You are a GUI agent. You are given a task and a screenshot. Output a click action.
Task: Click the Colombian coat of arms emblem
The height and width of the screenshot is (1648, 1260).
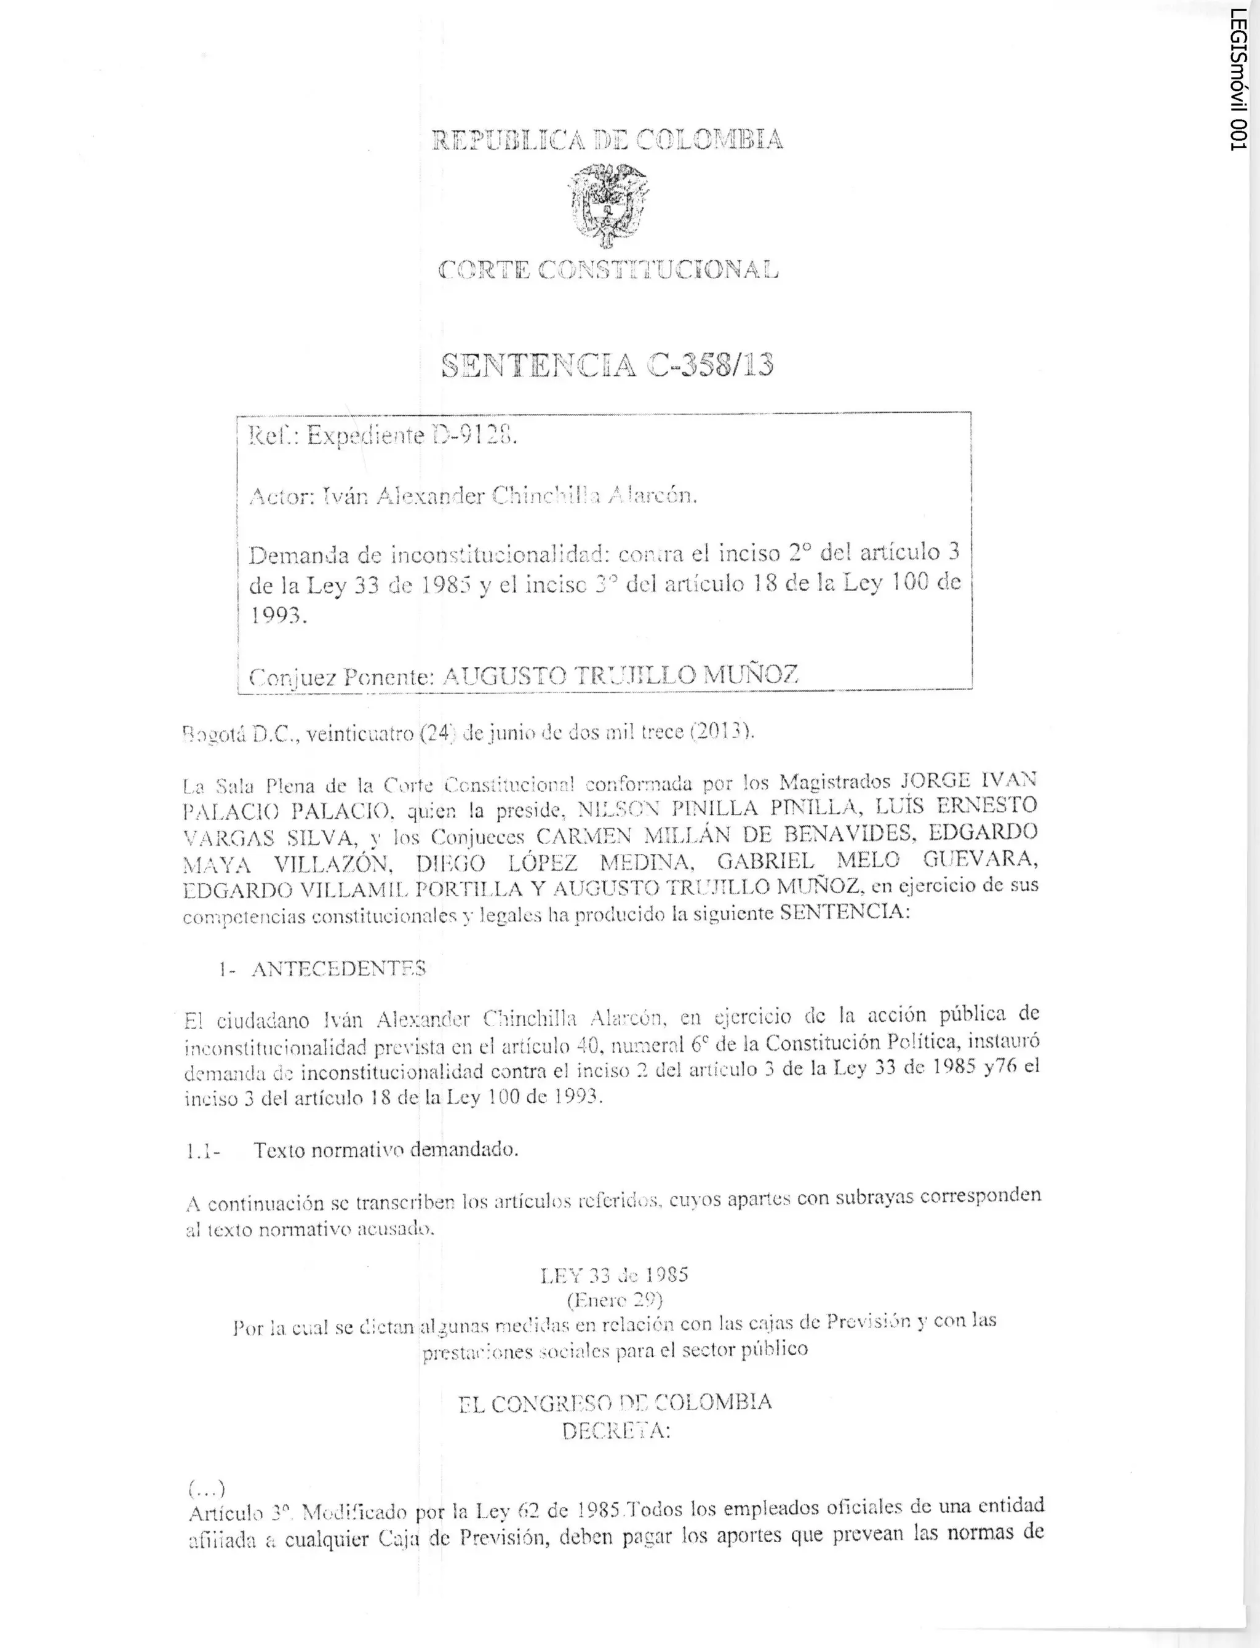point(607,205)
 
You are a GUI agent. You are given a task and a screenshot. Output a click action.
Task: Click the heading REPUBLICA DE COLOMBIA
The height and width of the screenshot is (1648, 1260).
point(607,140)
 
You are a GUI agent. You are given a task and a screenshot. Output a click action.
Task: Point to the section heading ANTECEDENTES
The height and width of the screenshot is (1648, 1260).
point(338,969)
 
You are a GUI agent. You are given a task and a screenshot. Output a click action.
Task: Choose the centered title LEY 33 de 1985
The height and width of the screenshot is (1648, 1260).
point(614,1275)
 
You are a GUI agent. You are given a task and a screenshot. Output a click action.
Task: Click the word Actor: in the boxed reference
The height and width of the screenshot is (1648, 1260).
point(281,496)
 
